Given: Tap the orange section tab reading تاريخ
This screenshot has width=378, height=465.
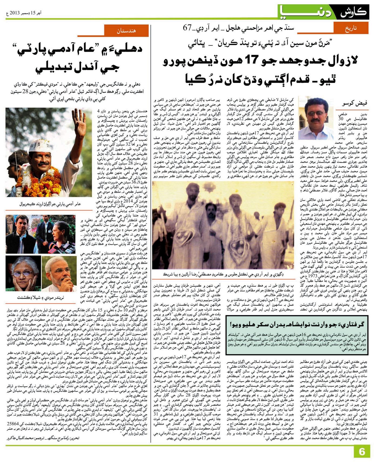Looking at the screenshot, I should pyautogui.click(x=351, y=28).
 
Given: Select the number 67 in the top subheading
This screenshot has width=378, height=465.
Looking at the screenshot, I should pyautogui.click(x=188, y=28).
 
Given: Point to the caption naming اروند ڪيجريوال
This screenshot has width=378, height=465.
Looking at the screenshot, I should pyautogui.click(x=50, y=204).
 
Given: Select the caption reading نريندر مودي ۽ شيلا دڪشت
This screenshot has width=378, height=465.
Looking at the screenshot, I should pyautogui.click(x=41, y=298).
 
